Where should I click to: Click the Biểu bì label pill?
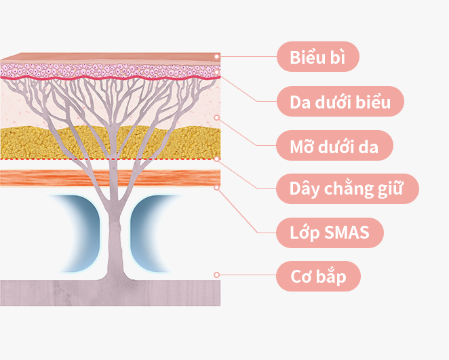coord(318,57)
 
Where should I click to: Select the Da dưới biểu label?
coord(340,101)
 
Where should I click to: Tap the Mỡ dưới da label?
coord(334,145)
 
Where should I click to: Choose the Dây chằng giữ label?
coord(347,189)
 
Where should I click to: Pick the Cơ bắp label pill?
coord(318,276)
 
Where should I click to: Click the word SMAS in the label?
coord(347,232)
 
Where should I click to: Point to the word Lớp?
coord(305,233)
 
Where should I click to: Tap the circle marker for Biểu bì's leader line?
coord(217,57)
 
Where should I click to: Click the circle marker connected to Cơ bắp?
coord(217,275)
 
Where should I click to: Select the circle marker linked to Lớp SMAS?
coord(217,188)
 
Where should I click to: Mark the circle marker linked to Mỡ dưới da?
coord(217,117)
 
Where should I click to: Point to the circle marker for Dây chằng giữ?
coord(217,159)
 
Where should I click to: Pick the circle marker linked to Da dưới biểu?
coord(217,72)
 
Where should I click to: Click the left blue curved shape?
coord(83,233)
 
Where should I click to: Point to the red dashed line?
coord(111,159)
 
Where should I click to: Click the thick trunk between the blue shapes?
coord(115,237)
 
